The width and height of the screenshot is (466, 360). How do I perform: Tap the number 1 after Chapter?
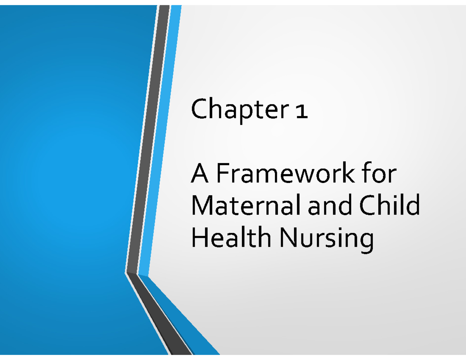tap(302, 112)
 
